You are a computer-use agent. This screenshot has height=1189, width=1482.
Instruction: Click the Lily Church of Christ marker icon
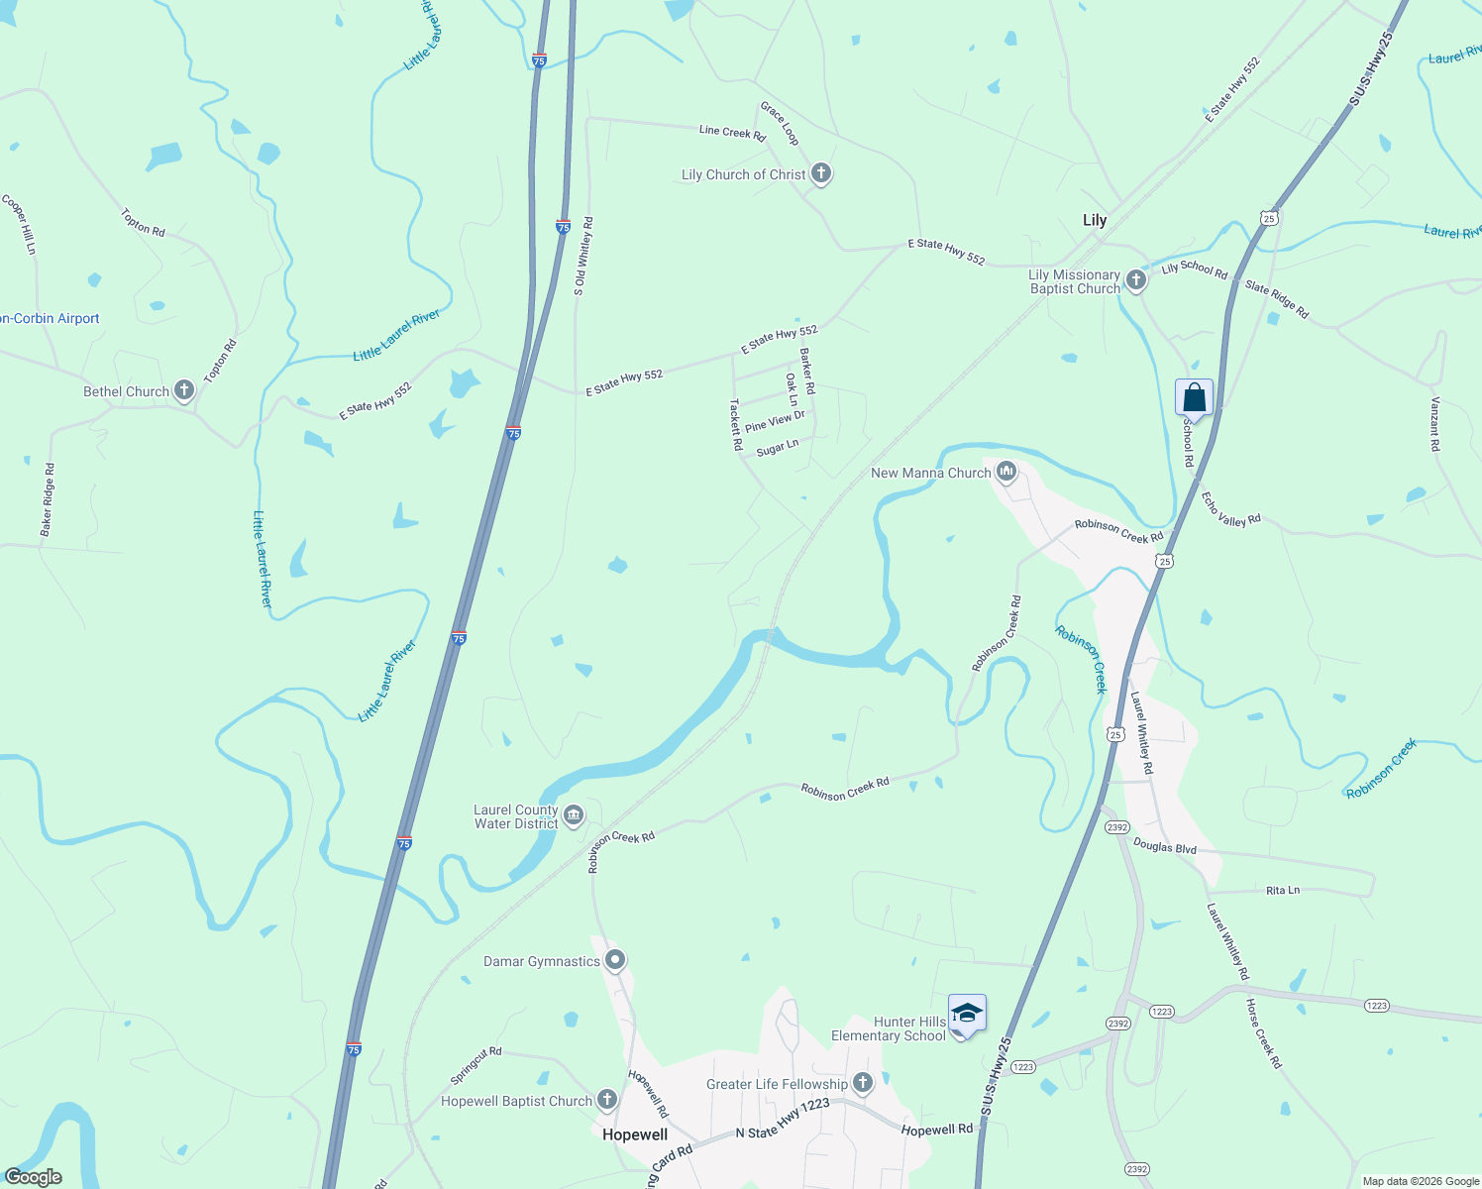[x=820, y=174]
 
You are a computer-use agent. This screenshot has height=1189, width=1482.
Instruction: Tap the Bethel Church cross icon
[x=183, y=390]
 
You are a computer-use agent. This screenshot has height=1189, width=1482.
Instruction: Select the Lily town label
[x=1094, y=220]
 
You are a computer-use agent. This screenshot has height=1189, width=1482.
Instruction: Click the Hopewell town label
[x=635, y=1135]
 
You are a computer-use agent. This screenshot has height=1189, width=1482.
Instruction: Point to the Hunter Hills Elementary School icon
[x=967, y=1014]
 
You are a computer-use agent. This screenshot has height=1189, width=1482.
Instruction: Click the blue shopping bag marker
[x=1194, y=398]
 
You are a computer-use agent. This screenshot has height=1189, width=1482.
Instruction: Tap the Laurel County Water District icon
[x=573, y=816]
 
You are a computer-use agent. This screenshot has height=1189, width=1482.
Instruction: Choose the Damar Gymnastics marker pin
[x=615, y=960]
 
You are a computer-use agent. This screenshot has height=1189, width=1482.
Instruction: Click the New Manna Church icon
[x=1006, y=472]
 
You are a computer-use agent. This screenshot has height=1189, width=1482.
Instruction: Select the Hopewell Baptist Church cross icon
[x=606, y=1100]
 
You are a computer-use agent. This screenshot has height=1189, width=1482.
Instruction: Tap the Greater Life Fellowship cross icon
[x=863, y=1084]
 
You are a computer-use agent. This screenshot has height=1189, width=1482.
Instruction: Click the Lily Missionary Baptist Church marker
[x=1136, y=280]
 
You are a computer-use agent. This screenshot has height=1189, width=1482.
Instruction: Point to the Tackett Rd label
[x=736, y=425]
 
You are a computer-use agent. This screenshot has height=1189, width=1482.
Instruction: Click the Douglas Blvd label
[x=1165, y=847]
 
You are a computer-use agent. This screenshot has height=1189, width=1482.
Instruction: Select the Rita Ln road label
[x=1283, y=890]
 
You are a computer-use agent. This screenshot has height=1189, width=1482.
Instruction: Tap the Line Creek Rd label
[x=732, y=132]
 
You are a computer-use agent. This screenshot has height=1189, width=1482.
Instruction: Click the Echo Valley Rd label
[x=1230, y=508]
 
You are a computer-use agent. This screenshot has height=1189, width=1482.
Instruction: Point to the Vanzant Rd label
[x=1434, y=424]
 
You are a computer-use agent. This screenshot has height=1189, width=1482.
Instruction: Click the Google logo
[x=34, y=1177]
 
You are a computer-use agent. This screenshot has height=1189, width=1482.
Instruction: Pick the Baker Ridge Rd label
[x=48, y=500]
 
